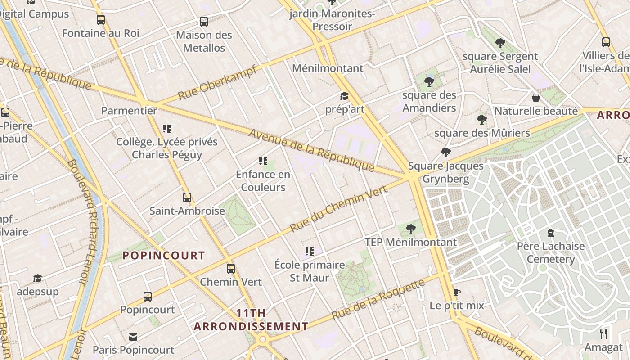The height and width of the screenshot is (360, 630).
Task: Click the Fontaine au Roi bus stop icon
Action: coord(101,20)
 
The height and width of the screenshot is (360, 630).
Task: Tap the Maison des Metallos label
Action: coord(204,41)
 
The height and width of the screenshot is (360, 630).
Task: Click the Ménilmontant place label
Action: coord(328,68)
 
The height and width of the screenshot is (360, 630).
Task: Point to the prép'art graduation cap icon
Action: coord(344,96)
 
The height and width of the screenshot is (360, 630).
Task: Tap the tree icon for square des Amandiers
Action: coord(429,81)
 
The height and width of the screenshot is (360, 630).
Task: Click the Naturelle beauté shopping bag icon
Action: coord(536,98)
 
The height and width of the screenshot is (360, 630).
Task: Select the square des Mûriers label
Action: coord(482,133)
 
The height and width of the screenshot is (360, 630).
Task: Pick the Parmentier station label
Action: coord(129,111)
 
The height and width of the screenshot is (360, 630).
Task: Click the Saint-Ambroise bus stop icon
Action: coord(187,197)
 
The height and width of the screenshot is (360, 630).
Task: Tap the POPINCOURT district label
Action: coord(164,256)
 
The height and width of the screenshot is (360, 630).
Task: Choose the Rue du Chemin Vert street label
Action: coord(339,209)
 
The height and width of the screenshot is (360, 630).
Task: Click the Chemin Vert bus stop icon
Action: coord(231,269)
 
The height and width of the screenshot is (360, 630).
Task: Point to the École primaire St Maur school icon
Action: coord(309,251)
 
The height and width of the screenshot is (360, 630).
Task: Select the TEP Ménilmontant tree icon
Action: coord(410,229)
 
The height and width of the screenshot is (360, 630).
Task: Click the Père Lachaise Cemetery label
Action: coord(551,252)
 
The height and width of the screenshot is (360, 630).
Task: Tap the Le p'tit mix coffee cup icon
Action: coord(457,292)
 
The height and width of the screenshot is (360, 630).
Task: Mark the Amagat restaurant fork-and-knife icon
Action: coord(603,334)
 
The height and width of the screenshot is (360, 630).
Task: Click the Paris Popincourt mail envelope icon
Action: coord(133,337)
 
